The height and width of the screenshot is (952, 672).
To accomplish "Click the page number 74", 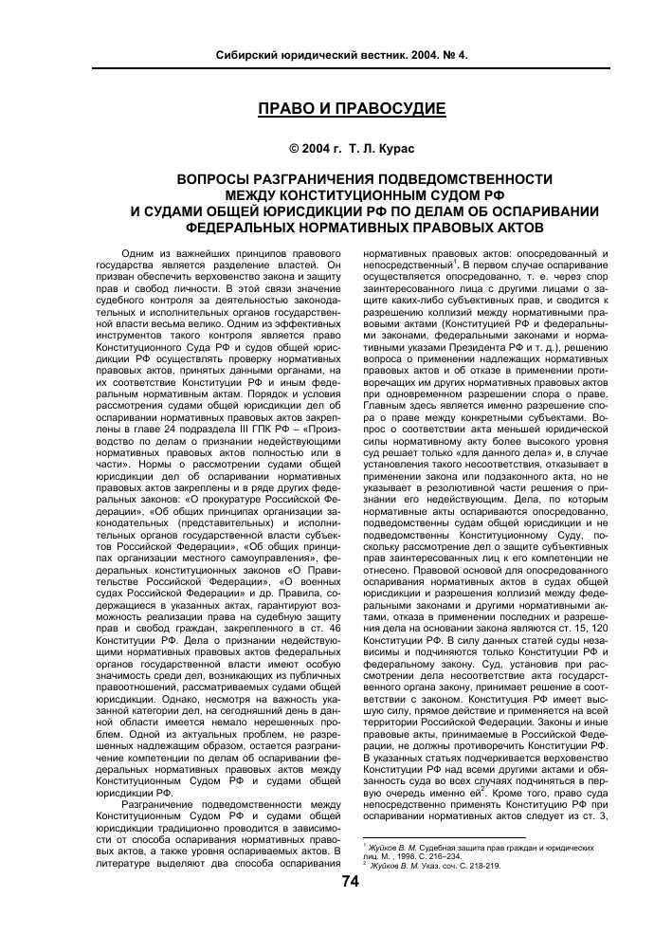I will pyautogui.click(x=350, y=881).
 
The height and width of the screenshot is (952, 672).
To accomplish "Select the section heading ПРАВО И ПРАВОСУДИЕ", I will pyautogui.click(x=353, y=109).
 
